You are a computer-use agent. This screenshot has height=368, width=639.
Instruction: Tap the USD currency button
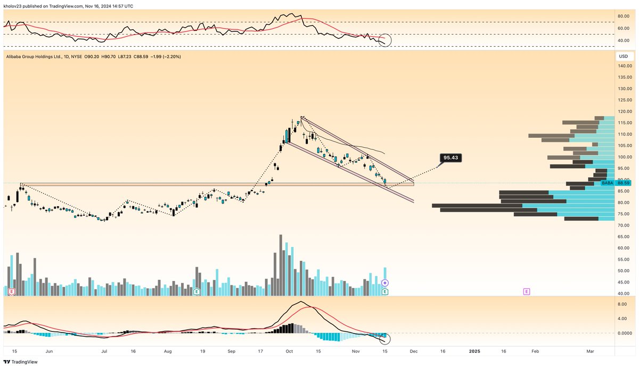pyautogui.click(x=622, y=56)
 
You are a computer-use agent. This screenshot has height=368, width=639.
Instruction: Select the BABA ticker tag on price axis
pyautogui.click(x=608, y=183)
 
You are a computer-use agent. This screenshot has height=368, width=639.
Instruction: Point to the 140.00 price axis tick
pyautogui.click(x=625, y=66)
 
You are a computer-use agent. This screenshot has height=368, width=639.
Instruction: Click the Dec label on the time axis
pyautogui.click(x=413, y=352)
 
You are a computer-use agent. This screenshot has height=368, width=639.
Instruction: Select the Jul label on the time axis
pyautogui.click(x=104, y=352)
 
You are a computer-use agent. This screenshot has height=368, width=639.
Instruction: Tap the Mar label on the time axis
pyautogui.click(x=589, y=352)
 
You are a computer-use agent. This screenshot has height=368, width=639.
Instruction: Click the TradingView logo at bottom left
pyautogui.click(x=21, y=362)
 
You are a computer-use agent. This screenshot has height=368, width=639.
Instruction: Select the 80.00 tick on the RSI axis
pyautogui.click(x=624, y=16)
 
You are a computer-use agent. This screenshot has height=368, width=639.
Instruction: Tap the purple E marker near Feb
pyautogui.click(x=527, y=291)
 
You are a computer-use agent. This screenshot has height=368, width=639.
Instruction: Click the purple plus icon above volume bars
pyautogui.click(x=385, y=283)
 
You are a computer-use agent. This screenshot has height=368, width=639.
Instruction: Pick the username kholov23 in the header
pyautogui.click(x=14, y=6)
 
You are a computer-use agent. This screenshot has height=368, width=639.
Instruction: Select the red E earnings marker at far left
pyautogui.click(x=11, y=291)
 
